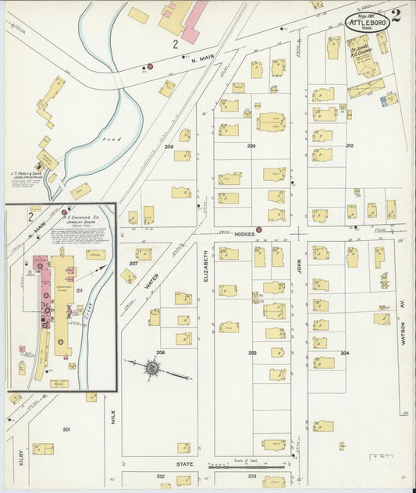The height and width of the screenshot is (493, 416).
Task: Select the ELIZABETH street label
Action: [206, 265]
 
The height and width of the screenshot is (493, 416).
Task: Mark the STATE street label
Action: [184, 464]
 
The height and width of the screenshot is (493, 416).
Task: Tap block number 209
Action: [251, 146]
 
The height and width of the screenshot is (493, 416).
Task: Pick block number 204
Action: [344, 353]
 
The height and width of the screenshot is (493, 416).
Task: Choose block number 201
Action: [66, 429]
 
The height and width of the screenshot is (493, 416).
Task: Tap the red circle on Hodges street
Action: [259, 230]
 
